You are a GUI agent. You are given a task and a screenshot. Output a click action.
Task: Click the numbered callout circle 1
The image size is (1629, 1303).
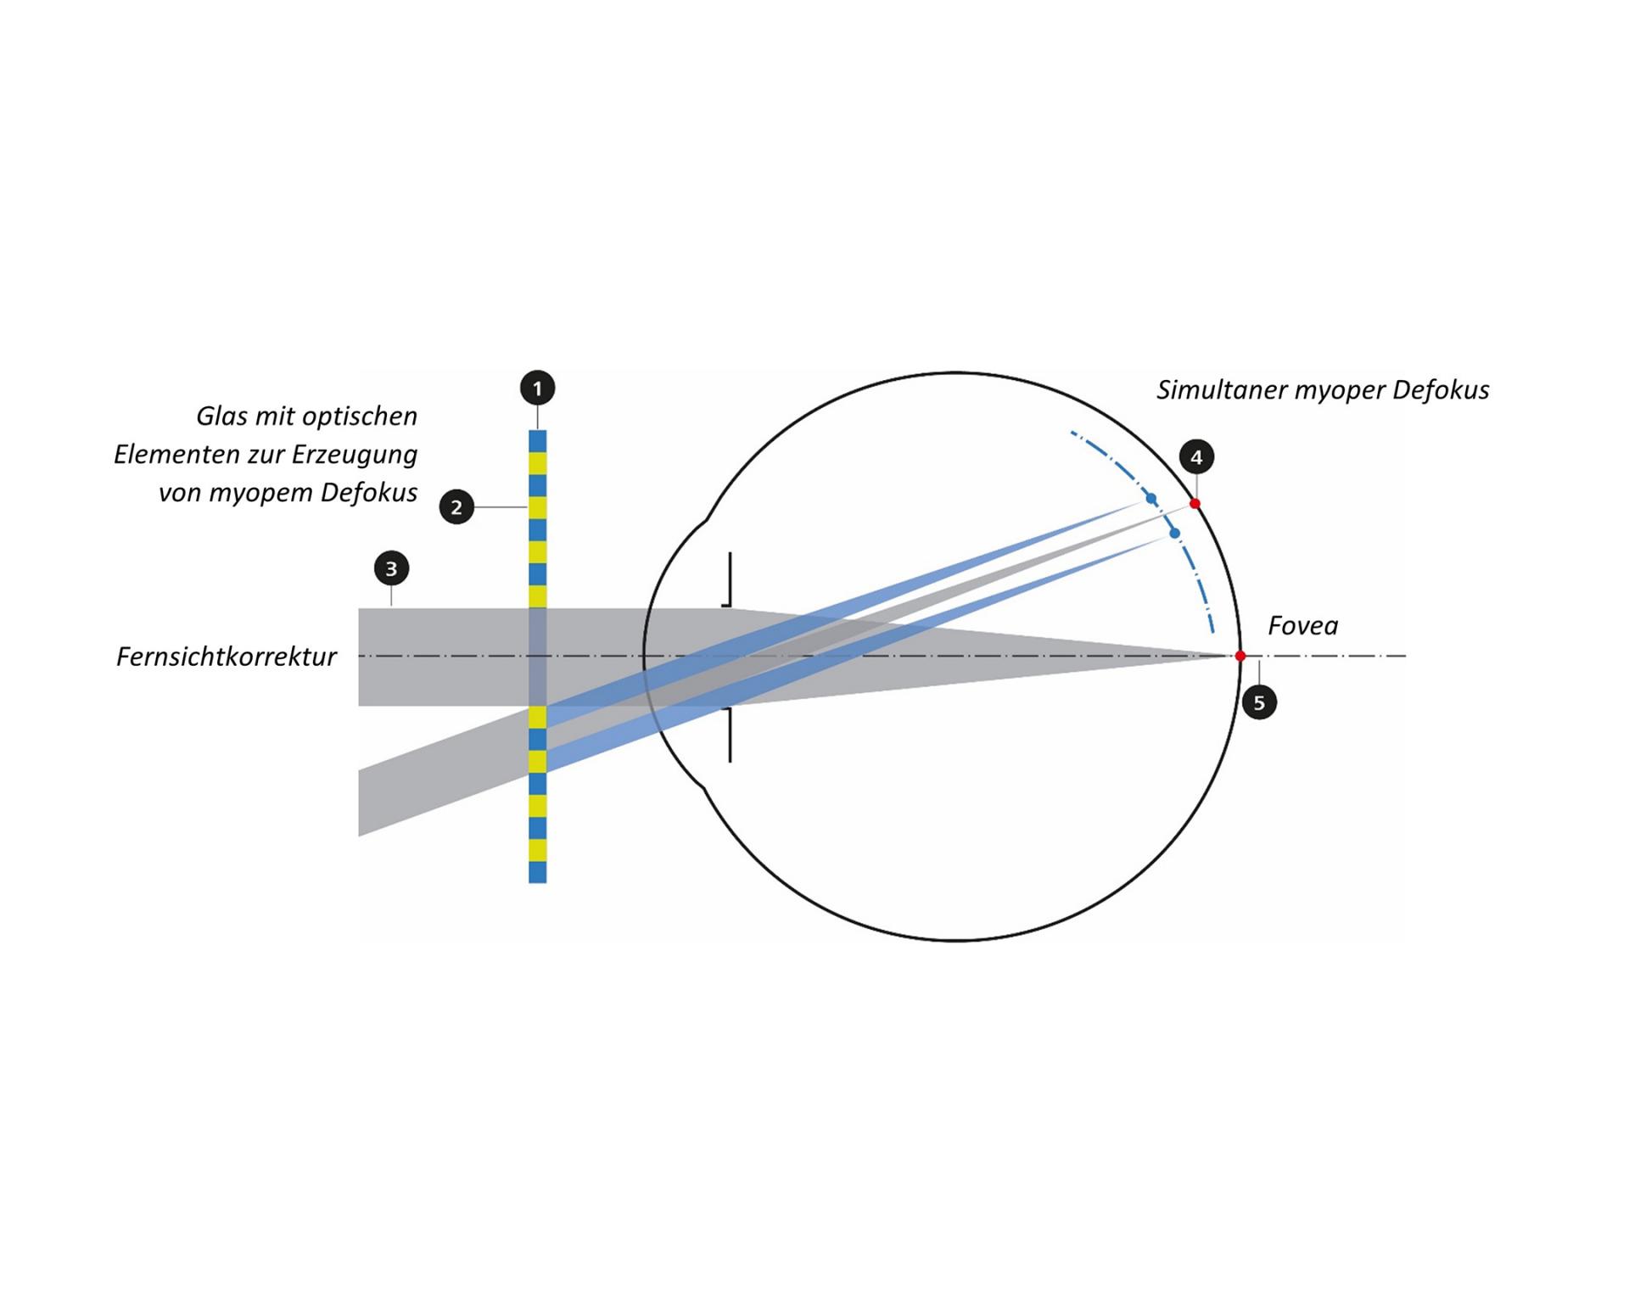pyautogui.click(x=537, y=389)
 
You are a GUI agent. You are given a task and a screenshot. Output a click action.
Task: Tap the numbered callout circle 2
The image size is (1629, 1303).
pyautogui.click(x=456, y=507)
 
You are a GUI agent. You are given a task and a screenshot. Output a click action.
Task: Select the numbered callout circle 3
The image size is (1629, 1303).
pyautogui.click(x=391, y=568)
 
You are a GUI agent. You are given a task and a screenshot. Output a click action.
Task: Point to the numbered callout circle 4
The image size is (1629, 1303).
pyautogui.click(x=1196, y=457)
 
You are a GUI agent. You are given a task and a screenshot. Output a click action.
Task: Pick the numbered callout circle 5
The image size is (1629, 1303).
pyautogui.click(x=1259, y=702)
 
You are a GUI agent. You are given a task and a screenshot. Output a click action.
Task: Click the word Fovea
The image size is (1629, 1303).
pyautogui.click(x=1302, y=626)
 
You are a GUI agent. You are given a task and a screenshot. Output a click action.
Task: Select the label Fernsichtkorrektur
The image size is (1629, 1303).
pyautogui.click(x=227, y=657)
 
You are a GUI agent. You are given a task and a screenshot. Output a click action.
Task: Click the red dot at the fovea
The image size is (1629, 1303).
pyautogui.click(x=1240, y=656)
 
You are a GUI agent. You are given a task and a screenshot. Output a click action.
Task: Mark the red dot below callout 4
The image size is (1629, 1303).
pyautogui.click(x=1195, y=504)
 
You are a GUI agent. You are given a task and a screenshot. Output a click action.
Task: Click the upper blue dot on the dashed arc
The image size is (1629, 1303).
pyautogui.click(x=1151, y=498)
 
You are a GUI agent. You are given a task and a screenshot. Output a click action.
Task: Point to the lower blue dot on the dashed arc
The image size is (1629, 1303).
pyautogui.click(x=1174, y=534)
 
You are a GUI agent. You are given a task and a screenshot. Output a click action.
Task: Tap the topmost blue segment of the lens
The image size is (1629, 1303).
pyautogui.click(x=537, y=441)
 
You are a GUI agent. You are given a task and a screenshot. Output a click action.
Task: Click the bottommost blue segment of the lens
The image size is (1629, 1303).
pyautogui.click(x=537, y=872)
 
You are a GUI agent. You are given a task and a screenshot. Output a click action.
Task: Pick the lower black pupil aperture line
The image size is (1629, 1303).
pyautogui.click(x=729, y=734)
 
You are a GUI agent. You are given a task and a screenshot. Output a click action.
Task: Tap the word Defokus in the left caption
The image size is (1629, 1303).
pyautogui.click(x=369, y=493)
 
